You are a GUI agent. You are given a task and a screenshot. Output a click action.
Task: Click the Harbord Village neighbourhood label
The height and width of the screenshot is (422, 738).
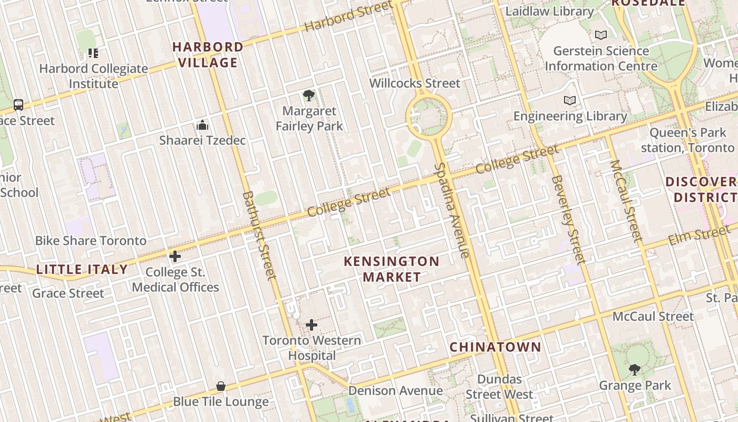[208, 55]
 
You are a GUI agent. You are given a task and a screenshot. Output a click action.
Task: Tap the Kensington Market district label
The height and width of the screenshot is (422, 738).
[392, 269]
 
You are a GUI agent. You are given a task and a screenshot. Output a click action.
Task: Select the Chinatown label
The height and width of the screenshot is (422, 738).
[495, 347]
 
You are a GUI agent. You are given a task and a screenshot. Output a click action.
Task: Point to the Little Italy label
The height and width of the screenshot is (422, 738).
[82, 270]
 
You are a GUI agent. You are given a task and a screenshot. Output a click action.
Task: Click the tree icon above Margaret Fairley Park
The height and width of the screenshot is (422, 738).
[309, 95]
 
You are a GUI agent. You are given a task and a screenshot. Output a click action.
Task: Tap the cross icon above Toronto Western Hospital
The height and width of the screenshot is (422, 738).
[312, 325]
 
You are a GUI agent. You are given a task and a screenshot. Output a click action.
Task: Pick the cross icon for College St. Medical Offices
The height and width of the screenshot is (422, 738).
[175, 257]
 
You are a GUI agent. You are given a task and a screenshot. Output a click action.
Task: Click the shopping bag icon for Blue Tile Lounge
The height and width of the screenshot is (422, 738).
[221, 386]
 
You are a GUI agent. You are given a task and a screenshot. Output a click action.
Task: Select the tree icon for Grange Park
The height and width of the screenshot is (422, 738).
[635, 369]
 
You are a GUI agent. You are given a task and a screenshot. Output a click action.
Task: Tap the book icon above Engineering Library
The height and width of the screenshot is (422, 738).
[569, 100]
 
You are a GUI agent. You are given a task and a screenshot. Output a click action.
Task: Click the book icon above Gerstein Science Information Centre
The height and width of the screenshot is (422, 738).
[600, 35]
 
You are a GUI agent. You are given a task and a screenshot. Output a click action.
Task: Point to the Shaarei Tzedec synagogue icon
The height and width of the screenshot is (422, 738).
[202, 126]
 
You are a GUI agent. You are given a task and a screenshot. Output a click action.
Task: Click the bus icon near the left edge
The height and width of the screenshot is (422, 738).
[18, 104]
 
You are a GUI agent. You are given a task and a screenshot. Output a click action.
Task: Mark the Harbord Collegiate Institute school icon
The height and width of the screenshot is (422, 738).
[93, 53]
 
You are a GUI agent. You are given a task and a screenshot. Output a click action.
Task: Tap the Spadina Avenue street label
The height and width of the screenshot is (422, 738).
[451, 210]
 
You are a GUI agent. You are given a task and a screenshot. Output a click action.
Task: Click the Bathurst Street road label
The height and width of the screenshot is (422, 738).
[259, 235]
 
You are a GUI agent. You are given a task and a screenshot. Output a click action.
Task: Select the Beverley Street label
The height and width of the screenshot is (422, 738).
[568, 219]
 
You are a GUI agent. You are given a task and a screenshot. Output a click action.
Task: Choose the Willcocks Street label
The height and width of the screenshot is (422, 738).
[414, 83]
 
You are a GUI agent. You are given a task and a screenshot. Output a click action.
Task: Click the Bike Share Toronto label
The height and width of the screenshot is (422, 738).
[91, 241]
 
